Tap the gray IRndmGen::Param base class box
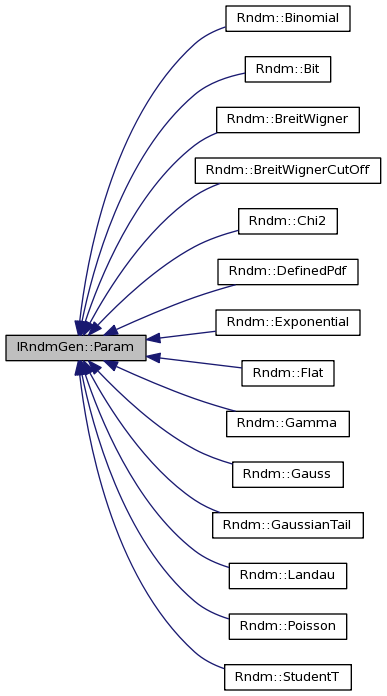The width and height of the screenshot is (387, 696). pos(75,348)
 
